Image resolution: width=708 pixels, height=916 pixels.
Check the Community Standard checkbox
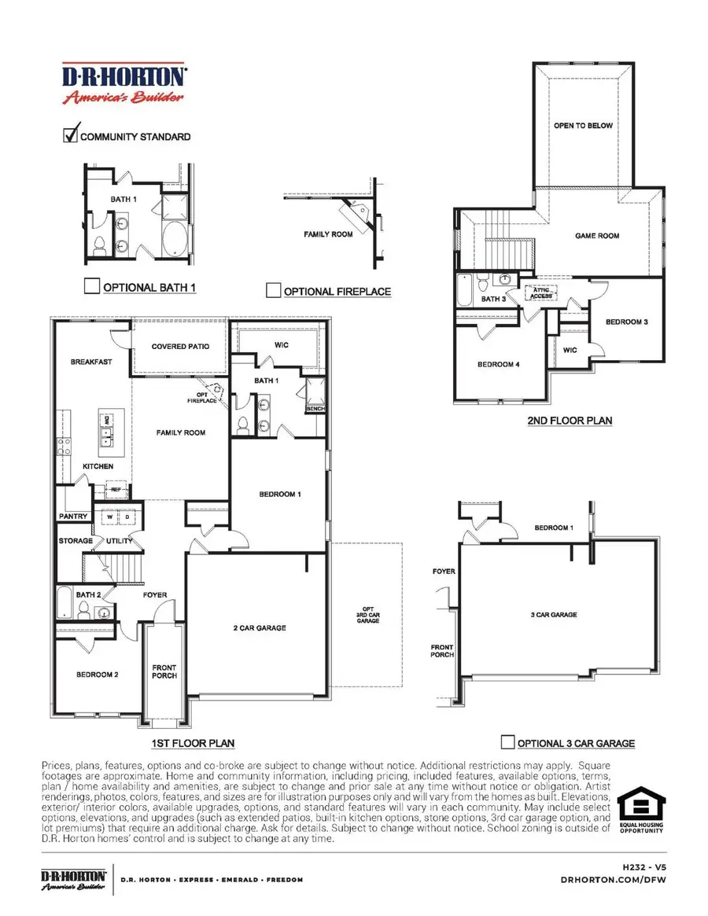click(70, 134)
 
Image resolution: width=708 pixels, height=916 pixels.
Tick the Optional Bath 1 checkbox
click(91, 286)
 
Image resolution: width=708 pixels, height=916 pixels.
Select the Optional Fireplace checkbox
click(273, 291)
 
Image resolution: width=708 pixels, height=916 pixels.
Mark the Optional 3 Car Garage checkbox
click(507, 742)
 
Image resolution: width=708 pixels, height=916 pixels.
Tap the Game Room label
click(597, 236)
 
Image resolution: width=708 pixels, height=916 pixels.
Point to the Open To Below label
click(583, 126)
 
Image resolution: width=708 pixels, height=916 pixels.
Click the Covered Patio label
click(180, 347)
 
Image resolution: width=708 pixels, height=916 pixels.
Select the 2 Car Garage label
click(260, 627)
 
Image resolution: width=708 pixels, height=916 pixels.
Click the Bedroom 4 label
click(498, 364)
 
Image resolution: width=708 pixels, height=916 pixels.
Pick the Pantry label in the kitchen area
click(73, 517)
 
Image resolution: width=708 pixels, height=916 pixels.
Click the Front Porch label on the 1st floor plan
click(165, 671)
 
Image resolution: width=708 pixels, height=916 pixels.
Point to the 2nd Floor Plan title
click(570, 421)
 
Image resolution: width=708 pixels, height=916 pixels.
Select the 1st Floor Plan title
click(193, 743)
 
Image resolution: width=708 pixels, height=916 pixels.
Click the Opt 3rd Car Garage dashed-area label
click(367, 616)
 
